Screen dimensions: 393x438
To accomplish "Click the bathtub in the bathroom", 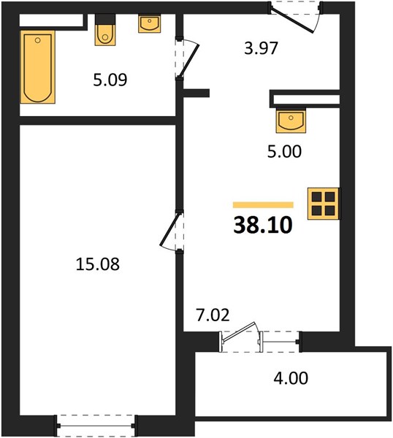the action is tap(38, 66).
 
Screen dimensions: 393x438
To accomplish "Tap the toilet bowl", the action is tap(105, 35).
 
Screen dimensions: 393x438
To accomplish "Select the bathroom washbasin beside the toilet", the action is tap(150, 24).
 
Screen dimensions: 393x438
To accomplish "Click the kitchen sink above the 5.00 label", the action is tap(291, 120).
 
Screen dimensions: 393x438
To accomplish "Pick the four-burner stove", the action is tap(324, 204).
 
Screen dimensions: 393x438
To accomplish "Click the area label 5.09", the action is tap(110, 80).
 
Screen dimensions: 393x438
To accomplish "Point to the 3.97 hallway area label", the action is tap(261, 47).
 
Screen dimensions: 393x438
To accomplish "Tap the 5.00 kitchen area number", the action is tap(285, 151).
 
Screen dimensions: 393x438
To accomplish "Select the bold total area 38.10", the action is tap(263, 225).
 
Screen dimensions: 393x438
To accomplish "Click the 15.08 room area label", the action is tap(98, 264).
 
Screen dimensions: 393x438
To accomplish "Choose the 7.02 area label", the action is tap(213, 315).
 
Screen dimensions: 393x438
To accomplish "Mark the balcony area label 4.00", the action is tap(291, 378).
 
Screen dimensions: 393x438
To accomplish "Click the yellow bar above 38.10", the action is tap(263, 205).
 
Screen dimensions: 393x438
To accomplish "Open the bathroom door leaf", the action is tap(189, 61).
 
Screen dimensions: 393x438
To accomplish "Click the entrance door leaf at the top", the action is tap(293, 20).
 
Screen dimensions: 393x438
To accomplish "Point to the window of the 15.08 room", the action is tap(96, 426).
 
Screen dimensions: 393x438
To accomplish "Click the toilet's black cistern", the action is tap(105, 19).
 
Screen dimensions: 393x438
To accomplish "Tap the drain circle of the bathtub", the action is tap(37, 40).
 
